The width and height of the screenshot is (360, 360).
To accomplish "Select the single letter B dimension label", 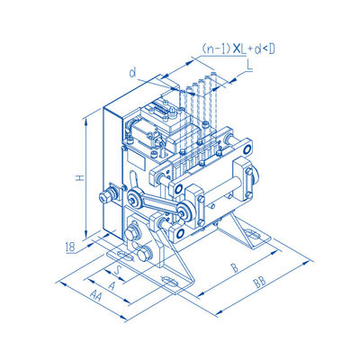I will (x=234, y=266).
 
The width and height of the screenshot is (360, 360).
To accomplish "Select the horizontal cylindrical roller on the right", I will (x=220, y=190).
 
